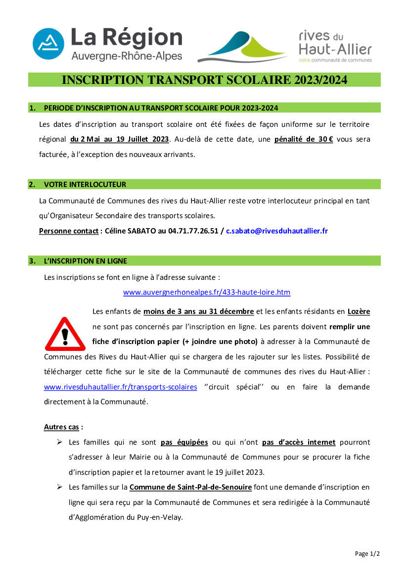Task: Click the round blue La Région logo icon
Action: pos(48,43)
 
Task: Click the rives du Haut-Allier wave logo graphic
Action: pos(243,47)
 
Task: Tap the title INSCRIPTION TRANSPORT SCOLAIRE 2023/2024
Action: pos(204,80)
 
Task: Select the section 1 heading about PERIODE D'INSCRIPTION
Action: pos(161,108)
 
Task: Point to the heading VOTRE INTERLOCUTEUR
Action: pos(85,185)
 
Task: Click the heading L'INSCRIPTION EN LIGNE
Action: pos(86,261)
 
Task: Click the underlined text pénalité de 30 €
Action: pos(304,139)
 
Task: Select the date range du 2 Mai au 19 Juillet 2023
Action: pos(119,139)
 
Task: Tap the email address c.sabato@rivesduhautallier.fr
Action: pos(277,231)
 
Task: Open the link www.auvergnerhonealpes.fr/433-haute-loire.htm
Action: pos(207,292)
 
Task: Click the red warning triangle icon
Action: pos(64,334)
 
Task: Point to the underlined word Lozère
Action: pos(359,311)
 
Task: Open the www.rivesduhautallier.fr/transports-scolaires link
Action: pos(121,387)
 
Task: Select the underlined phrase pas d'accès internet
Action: pos(299,442)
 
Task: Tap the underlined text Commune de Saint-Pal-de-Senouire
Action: pos(191,487)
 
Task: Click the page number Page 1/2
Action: pos(367,554)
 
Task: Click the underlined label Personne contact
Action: pos(69,231)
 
